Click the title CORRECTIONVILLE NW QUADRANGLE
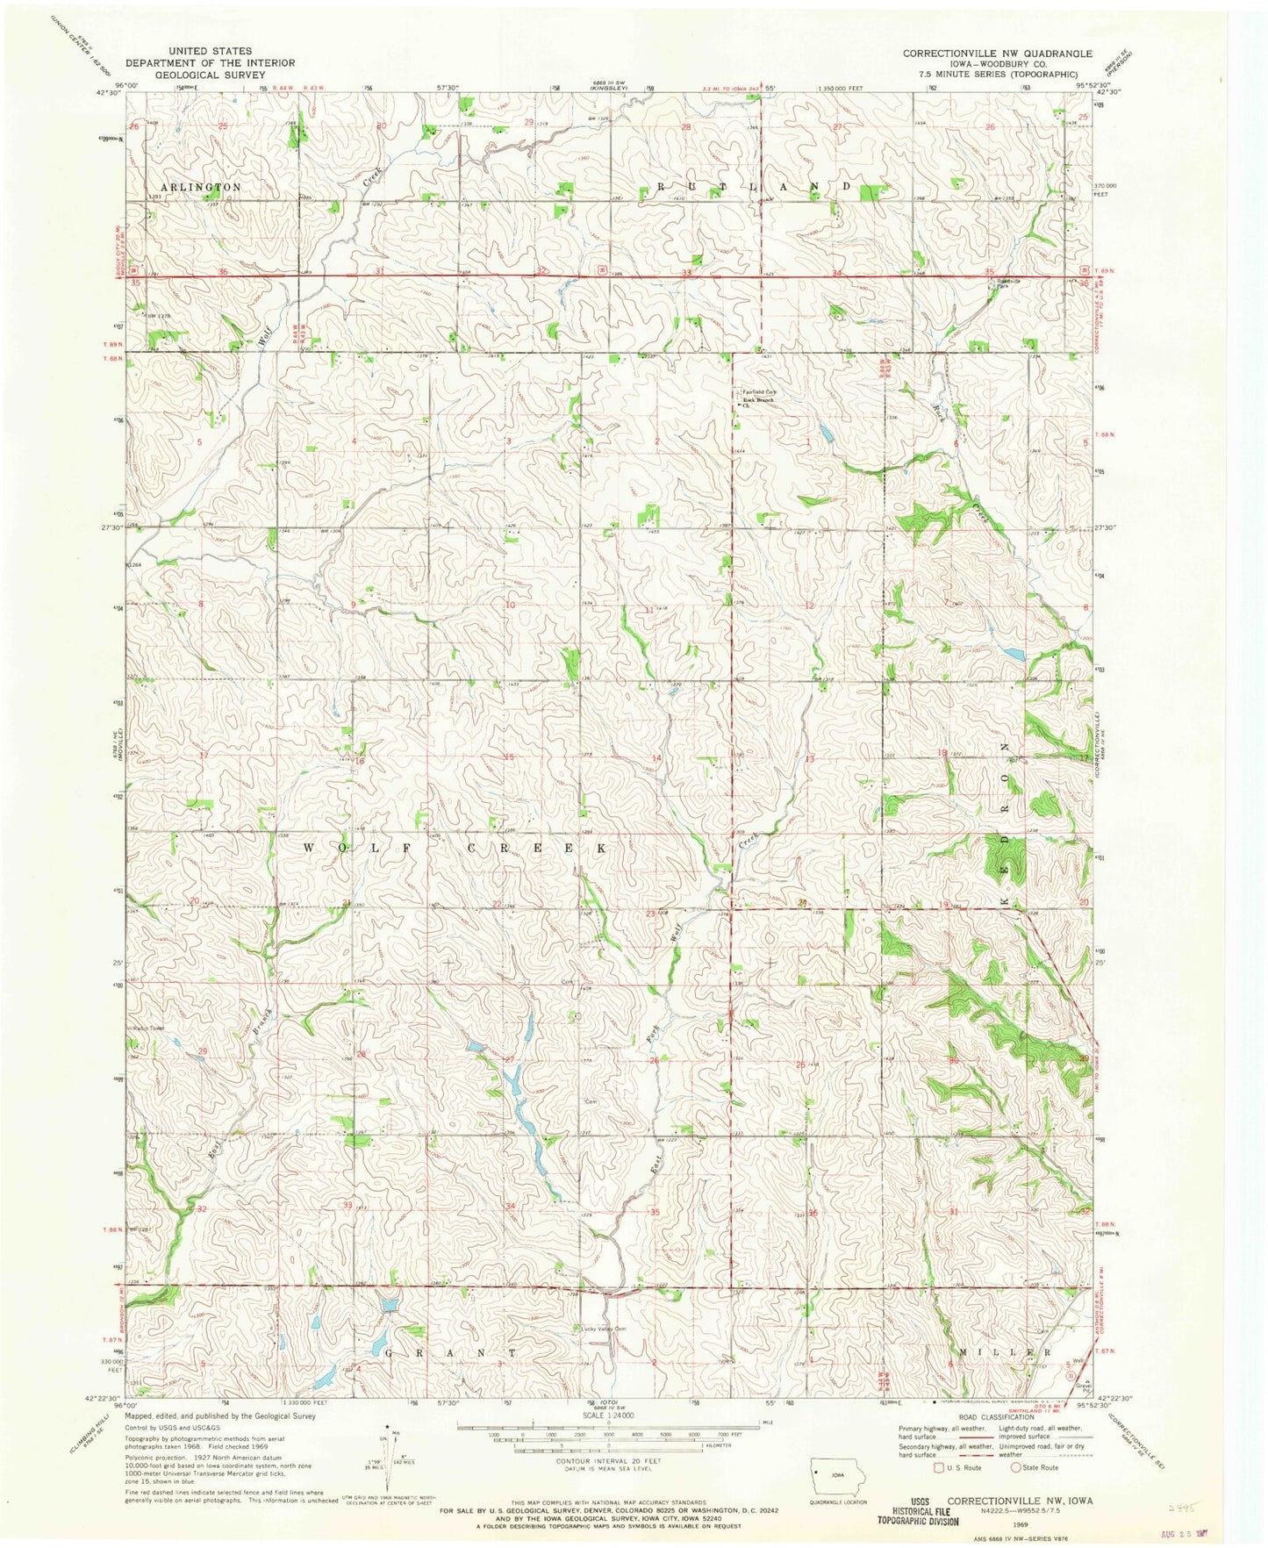998,54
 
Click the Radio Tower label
147,1028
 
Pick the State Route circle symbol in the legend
1016,1467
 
